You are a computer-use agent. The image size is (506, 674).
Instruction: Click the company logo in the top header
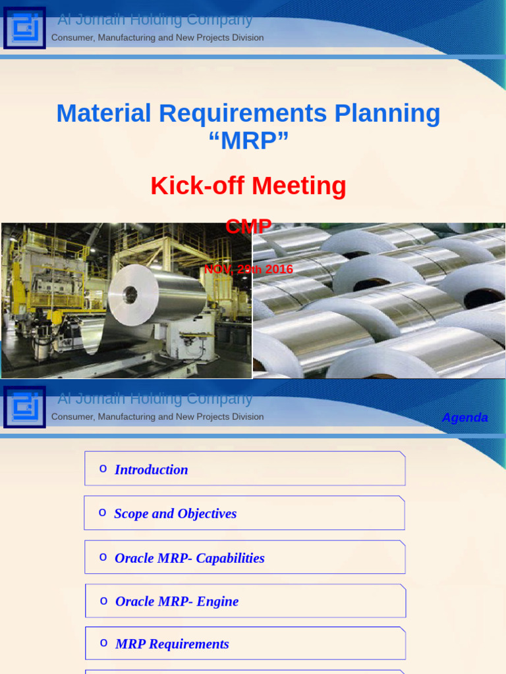(x=24, y=28)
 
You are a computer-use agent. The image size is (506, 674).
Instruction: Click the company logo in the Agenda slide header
(x=24, y=407)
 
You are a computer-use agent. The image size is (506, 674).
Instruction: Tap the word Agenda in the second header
(x=464, y=417)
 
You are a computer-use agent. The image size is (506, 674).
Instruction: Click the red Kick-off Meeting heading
(x=248, y=186)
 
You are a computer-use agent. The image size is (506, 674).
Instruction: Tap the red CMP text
(x=248, y=226)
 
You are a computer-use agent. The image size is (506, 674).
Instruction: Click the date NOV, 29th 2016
(x=248, y=269)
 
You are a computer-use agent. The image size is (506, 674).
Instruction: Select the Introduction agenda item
(x=152, y=469)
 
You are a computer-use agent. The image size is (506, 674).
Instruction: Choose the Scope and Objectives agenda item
(x=175, y=513)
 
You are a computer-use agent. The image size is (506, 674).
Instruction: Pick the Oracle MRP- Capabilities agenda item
(x=190, y=558)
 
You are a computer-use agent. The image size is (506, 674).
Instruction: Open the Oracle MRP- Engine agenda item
(x=177, y=601)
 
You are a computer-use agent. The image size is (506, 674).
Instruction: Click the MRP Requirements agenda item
(x=172, y=644)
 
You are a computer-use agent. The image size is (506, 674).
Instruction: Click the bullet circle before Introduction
(x=103, y=469)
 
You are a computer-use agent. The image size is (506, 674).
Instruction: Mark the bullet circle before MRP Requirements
(x=103, y=643)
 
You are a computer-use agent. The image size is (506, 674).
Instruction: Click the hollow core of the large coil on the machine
(x=130, y=294)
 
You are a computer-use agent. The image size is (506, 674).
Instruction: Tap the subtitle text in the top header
(x=157, y=38)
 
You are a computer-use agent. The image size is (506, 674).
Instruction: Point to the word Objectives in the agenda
(x=206, y=513)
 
